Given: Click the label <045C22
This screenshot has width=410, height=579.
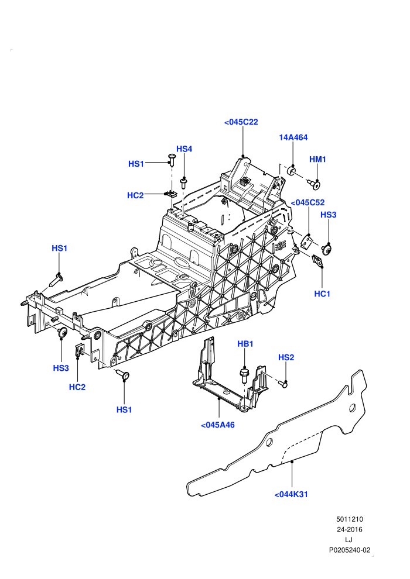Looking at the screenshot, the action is [241, 122].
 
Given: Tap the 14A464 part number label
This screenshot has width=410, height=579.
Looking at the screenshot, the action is [293, 137].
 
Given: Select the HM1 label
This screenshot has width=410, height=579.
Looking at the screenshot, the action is [317, 159].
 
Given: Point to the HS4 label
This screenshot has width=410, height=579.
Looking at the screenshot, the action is [184, 149].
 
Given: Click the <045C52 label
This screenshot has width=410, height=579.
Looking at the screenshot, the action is [307, 202].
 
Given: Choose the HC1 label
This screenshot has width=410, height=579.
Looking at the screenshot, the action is [322, 294].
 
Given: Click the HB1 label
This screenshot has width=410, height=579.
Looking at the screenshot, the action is [245, 344].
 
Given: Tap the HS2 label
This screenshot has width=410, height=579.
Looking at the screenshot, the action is [286, 357].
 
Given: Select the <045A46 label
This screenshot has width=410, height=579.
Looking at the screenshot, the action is [218, 425].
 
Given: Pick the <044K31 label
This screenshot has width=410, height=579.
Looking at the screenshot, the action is [291, 494].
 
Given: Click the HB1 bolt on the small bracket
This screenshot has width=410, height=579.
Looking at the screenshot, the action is [244, 375].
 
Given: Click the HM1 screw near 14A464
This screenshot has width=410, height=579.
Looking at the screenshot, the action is [315, 184].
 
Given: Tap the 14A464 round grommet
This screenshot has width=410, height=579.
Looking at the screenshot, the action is [292, 171].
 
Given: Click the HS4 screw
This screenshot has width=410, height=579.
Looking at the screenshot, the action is [184, 184].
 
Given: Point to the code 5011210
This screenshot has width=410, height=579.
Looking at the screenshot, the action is [349, 519].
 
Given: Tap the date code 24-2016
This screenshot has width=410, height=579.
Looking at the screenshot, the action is [349, 529].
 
